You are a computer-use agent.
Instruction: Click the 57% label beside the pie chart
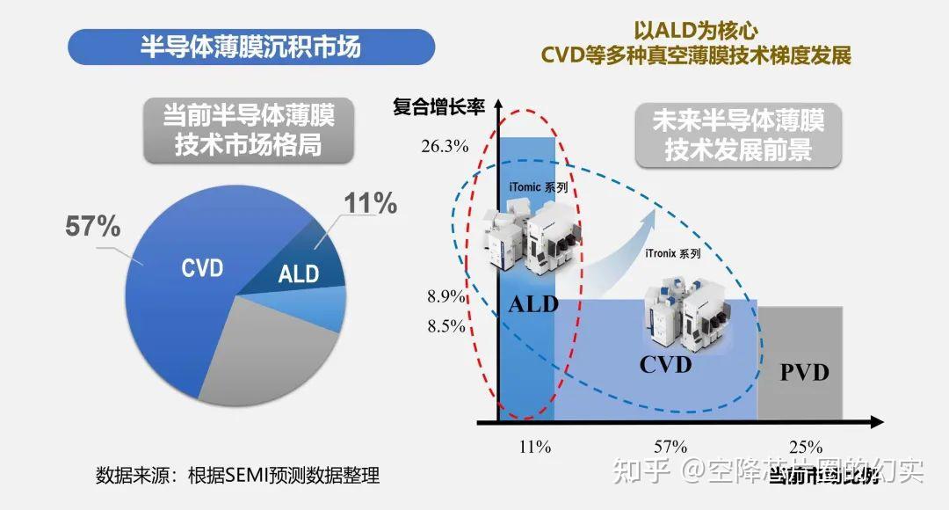(x=92, y=226)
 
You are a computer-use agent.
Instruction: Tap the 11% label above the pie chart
(x=370, y=204)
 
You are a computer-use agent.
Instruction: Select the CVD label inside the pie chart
(x=202, y=268)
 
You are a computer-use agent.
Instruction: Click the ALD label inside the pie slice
(x=299, y=273)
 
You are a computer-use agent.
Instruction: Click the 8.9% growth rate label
(x=446, y=296)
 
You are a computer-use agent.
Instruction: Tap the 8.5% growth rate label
(x=446, y=326)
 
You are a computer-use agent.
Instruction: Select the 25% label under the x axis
(x=805, y=447)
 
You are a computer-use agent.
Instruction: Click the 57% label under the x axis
(x=670, y=447)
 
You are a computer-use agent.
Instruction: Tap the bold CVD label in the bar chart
(x=665, y=364)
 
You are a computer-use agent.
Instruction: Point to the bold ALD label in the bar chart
(x=533, y=305)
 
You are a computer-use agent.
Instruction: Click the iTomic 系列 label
(x=538, y=187)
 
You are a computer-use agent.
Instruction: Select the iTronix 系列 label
(x=673, y=253)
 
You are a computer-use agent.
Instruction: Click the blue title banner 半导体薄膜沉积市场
(x=250, y=47)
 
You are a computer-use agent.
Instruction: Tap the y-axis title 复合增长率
(x=438, y=107)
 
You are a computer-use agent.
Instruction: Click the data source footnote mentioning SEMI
(x=237, y=476)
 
